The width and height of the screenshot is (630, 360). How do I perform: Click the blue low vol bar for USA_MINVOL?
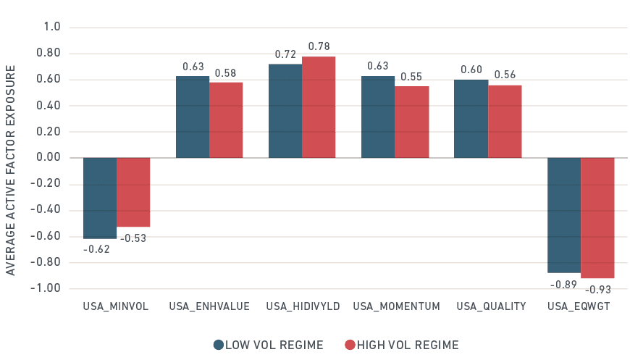point(100,198)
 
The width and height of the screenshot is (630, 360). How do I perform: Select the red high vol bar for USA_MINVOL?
point(133,193)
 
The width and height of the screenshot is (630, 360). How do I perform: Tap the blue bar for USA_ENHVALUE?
point(193,117)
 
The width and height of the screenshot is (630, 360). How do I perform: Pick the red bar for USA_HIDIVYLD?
point(319,107)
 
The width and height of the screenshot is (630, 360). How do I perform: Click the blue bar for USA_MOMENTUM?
point(378,117)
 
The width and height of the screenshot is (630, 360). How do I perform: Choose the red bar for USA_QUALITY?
point(505,122)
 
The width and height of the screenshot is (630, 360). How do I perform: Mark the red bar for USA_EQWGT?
point(597,218)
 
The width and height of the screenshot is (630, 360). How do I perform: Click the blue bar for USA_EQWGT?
point(564,215)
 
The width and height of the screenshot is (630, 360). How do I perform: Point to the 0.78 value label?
point(319,46)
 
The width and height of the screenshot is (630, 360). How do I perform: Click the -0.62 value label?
point(96,249)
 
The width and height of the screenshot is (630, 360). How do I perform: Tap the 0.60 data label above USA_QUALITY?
point(471,70)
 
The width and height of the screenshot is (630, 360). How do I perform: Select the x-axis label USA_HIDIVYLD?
point(303,306)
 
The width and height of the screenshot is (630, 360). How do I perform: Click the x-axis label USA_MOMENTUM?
point(396,306)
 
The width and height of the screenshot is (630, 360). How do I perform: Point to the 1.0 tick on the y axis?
point(52,28)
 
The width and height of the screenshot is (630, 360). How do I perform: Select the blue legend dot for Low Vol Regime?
point(218,345)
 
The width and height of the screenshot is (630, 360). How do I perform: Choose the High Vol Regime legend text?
point(408,345)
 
